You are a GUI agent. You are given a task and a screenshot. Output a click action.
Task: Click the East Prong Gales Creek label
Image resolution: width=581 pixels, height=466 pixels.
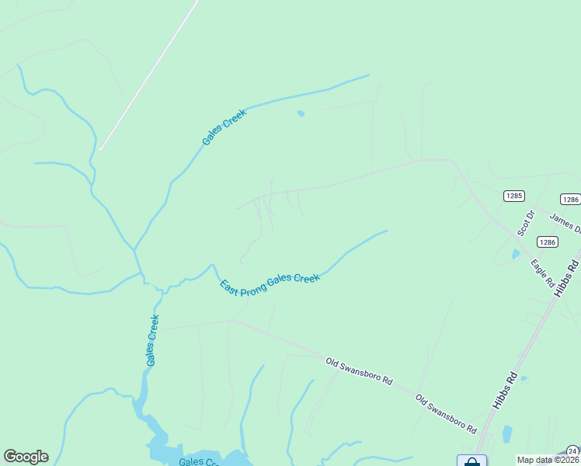[270, 282]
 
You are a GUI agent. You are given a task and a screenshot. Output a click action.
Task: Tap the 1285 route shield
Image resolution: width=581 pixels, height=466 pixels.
[513, 196]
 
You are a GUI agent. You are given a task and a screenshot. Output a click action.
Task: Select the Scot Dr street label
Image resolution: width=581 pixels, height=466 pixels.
[526, 222]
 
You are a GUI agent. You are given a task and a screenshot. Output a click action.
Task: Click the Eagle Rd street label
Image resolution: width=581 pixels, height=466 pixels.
[541, 270]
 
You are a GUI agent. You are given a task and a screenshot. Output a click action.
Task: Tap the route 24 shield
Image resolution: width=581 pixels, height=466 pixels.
[572, 450]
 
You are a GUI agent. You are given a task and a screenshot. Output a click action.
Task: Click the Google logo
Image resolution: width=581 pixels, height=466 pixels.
[26, 457]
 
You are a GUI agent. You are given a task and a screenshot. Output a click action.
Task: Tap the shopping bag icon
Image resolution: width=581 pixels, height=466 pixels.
[471, 462]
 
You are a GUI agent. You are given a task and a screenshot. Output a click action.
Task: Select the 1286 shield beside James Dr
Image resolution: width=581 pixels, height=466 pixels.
[570, 200]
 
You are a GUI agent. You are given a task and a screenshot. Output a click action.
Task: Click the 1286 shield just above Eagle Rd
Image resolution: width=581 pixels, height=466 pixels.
[548, 242]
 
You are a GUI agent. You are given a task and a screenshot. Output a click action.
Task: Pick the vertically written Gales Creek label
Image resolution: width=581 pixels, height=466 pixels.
[152, 339]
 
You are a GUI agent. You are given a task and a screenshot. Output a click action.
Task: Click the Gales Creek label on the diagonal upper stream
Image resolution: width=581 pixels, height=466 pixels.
[224, 127]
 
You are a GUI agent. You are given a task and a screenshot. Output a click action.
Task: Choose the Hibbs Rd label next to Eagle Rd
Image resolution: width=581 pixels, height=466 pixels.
[569, 273]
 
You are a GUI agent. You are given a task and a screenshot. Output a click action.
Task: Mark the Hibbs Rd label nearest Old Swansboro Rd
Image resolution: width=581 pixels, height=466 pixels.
[505, 390]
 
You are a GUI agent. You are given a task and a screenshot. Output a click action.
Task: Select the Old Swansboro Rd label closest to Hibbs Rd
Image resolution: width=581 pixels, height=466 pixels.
[445, 413]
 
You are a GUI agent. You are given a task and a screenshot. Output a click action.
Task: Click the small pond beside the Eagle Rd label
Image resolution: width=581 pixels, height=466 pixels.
[514, 254]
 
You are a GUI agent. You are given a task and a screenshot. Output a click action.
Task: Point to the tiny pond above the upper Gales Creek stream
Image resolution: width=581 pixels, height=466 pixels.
[301, 114]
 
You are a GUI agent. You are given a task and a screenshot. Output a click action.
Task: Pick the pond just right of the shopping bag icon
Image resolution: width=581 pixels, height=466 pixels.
[507, 433]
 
